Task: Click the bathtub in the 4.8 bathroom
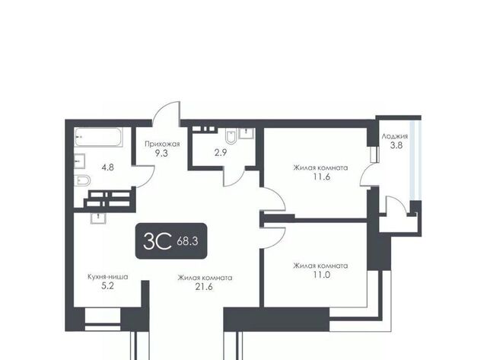tap(98, 137)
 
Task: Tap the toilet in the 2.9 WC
tap(231, 136)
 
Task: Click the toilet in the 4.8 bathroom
tap(82, 180)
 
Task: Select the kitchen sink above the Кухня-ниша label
tap(98, 218)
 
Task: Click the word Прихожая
tap(162, 144)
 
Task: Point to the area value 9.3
tap(161, 153)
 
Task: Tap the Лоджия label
tap(395, 136)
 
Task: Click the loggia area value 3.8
tap(396, 145)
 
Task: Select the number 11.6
tap(321, 177)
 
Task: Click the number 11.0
tap(321, 275)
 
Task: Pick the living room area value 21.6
tap(204, 287)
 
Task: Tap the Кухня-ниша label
tap(108, 277)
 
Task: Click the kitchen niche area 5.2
tap(108, 286)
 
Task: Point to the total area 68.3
tap(187, 241)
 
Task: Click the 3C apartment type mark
tap(158, 241)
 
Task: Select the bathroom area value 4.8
tap(108, 167)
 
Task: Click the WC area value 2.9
tap(221, 153)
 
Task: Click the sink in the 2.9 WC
tap(247, 133)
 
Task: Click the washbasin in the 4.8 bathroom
tap(79, 161)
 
